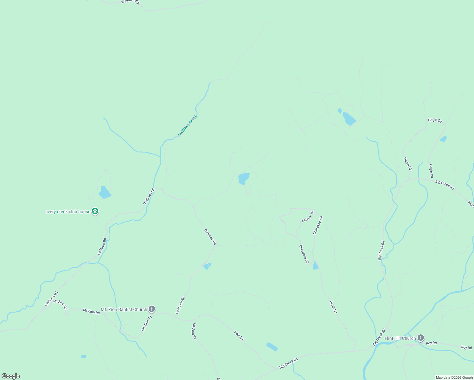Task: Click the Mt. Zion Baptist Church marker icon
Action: pyautogui.click(x=152, y=309)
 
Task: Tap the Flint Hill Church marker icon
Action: pyautogui.click(x=421, y=338)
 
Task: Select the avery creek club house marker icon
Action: pyautogui.click(x=95, y=211)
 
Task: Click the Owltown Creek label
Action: pyautogui.click(x=188, y=126)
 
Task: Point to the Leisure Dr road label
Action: pyautogui.click(x=307, y=216)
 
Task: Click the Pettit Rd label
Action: pyautogui.click(x=333, y=307)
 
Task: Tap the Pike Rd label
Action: pyautogui.click(x=239, y=335)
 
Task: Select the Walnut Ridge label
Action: pyautogui.click(x=131, y=2)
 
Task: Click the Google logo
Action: pyautogui.click(x=11, y=376)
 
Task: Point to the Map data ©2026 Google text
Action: pyautogui.click(x=454, y=377)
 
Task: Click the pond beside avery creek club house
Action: pyautogui.click(x=105, y=192)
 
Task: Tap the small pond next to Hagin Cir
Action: pyautogui.click(x=443, y=139)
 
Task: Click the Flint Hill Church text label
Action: pyautogui.click(x=400, y=338)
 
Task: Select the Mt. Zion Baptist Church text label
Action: pyautogui.click(x=124, y=309)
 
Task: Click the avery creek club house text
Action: pyautogui.click(x=68, y=212)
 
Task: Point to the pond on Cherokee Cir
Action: pyautogui.click(x=315, y=266)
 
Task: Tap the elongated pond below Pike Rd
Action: pyautogui.click(x=272, y=347)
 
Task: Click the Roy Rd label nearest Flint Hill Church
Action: pyautogui.click(x=431, y=343)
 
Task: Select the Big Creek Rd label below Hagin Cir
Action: pyautogui.click(x=445, y=185)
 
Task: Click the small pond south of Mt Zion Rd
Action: pyautogui.click(x=84, y=357)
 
